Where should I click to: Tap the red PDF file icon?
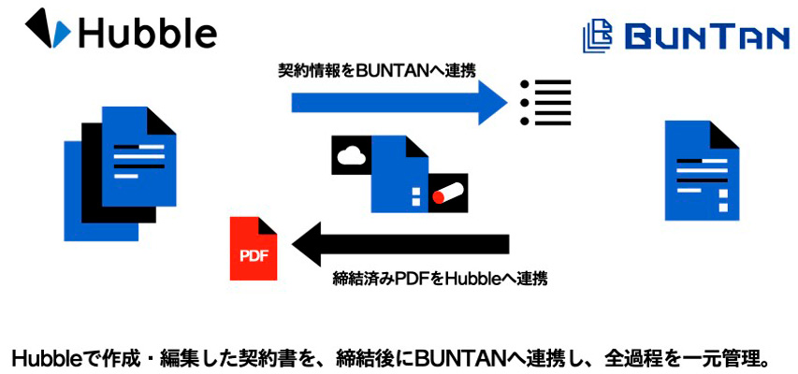254,249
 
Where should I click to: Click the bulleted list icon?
544,102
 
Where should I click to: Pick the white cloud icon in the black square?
352,155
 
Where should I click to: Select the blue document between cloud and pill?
400,175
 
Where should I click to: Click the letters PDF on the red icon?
254,256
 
